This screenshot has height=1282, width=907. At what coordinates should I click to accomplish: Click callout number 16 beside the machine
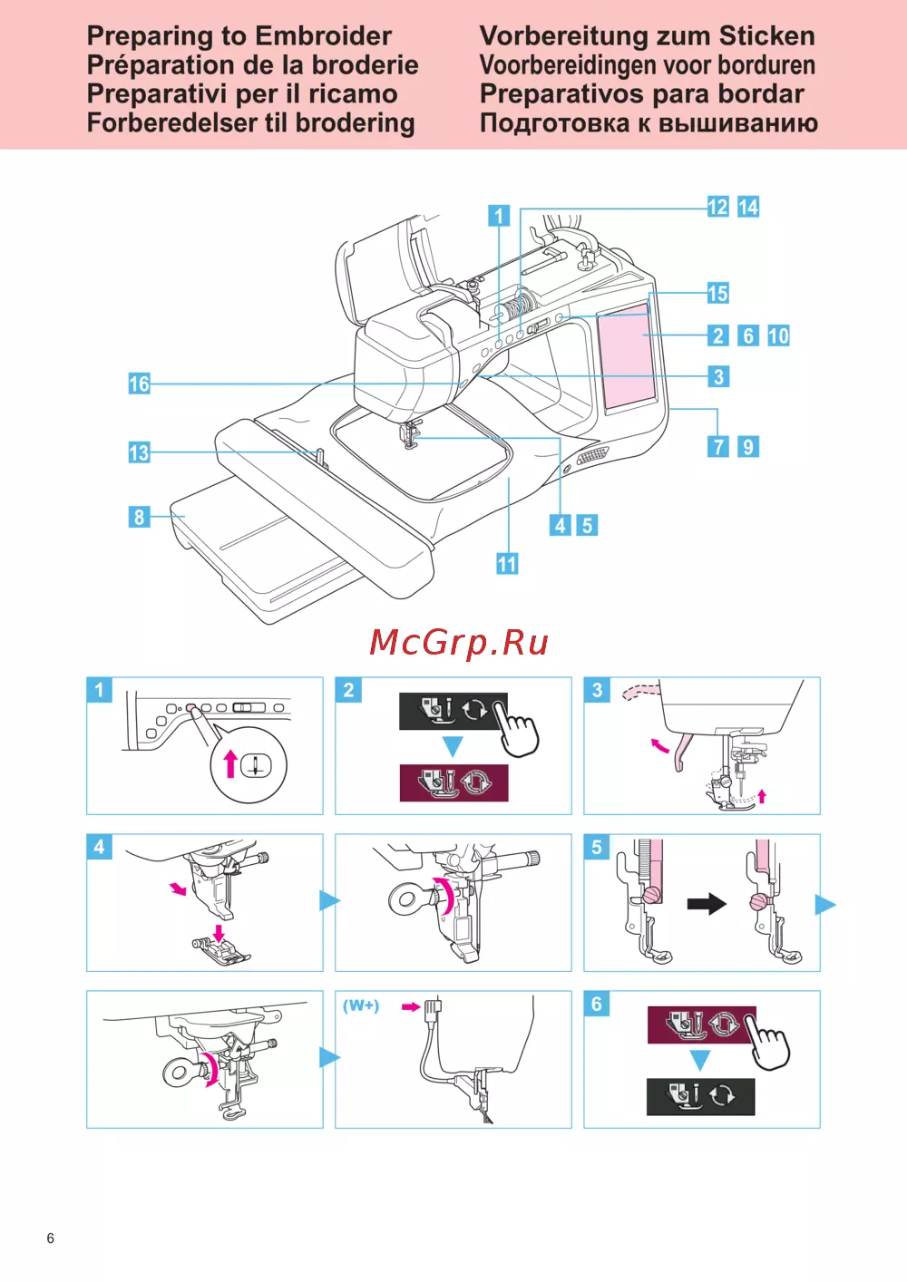[x=139, y=384]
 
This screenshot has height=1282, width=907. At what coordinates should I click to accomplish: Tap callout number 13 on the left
[x=139, y=452]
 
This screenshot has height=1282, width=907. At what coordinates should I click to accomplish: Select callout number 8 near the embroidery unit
[x=139, y=517]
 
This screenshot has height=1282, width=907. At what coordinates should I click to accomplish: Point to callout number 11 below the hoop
[x=507, y=564]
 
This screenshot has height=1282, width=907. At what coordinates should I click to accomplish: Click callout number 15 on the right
[x=717, y=293]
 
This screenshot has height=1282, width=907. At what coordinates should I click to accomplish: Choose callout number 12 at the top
[x=717, y=207]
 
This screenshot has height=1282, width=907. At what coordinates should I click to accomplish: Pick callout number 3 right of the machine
[x=718, y=376]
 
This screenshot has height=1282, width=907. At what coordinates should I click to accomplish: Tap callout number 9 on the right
[x=747, y=446]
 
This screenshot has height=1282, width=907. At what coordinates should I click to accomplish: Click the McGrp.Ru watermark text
[x=459, y=643]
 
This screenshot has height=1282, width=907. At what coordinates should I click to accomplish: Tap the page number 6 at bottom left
[x=51, y=1238]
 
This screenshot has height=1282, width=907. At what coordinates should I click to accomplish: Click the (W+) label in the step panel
[x=361, y=1005]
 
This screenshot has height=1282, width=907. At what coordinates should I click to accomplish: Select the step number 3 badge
[x=597, y=690]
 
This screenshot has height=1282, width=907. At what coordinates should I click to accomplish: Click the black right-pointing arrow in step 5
[x=707, y=904]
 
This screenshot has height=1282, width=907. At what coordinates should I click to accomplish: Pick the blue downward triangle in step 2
[x=453, y=746]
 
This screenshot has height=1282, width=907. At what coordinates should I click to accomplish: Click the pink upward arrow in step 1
[x=230, y=763]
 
